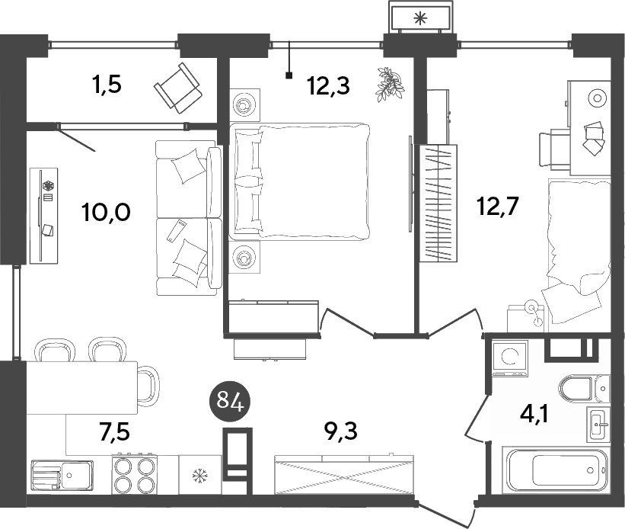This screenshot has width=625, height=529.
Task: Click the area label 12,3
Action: [x=328, y=85]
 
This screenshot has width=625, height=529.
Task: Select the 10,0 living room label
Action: [x=107, y=212]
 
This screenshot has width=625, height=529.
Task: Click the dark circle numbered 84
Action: [x=230, y=400]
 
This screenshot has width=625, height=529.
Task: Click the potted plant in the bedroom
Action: [x=389, y=84]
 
